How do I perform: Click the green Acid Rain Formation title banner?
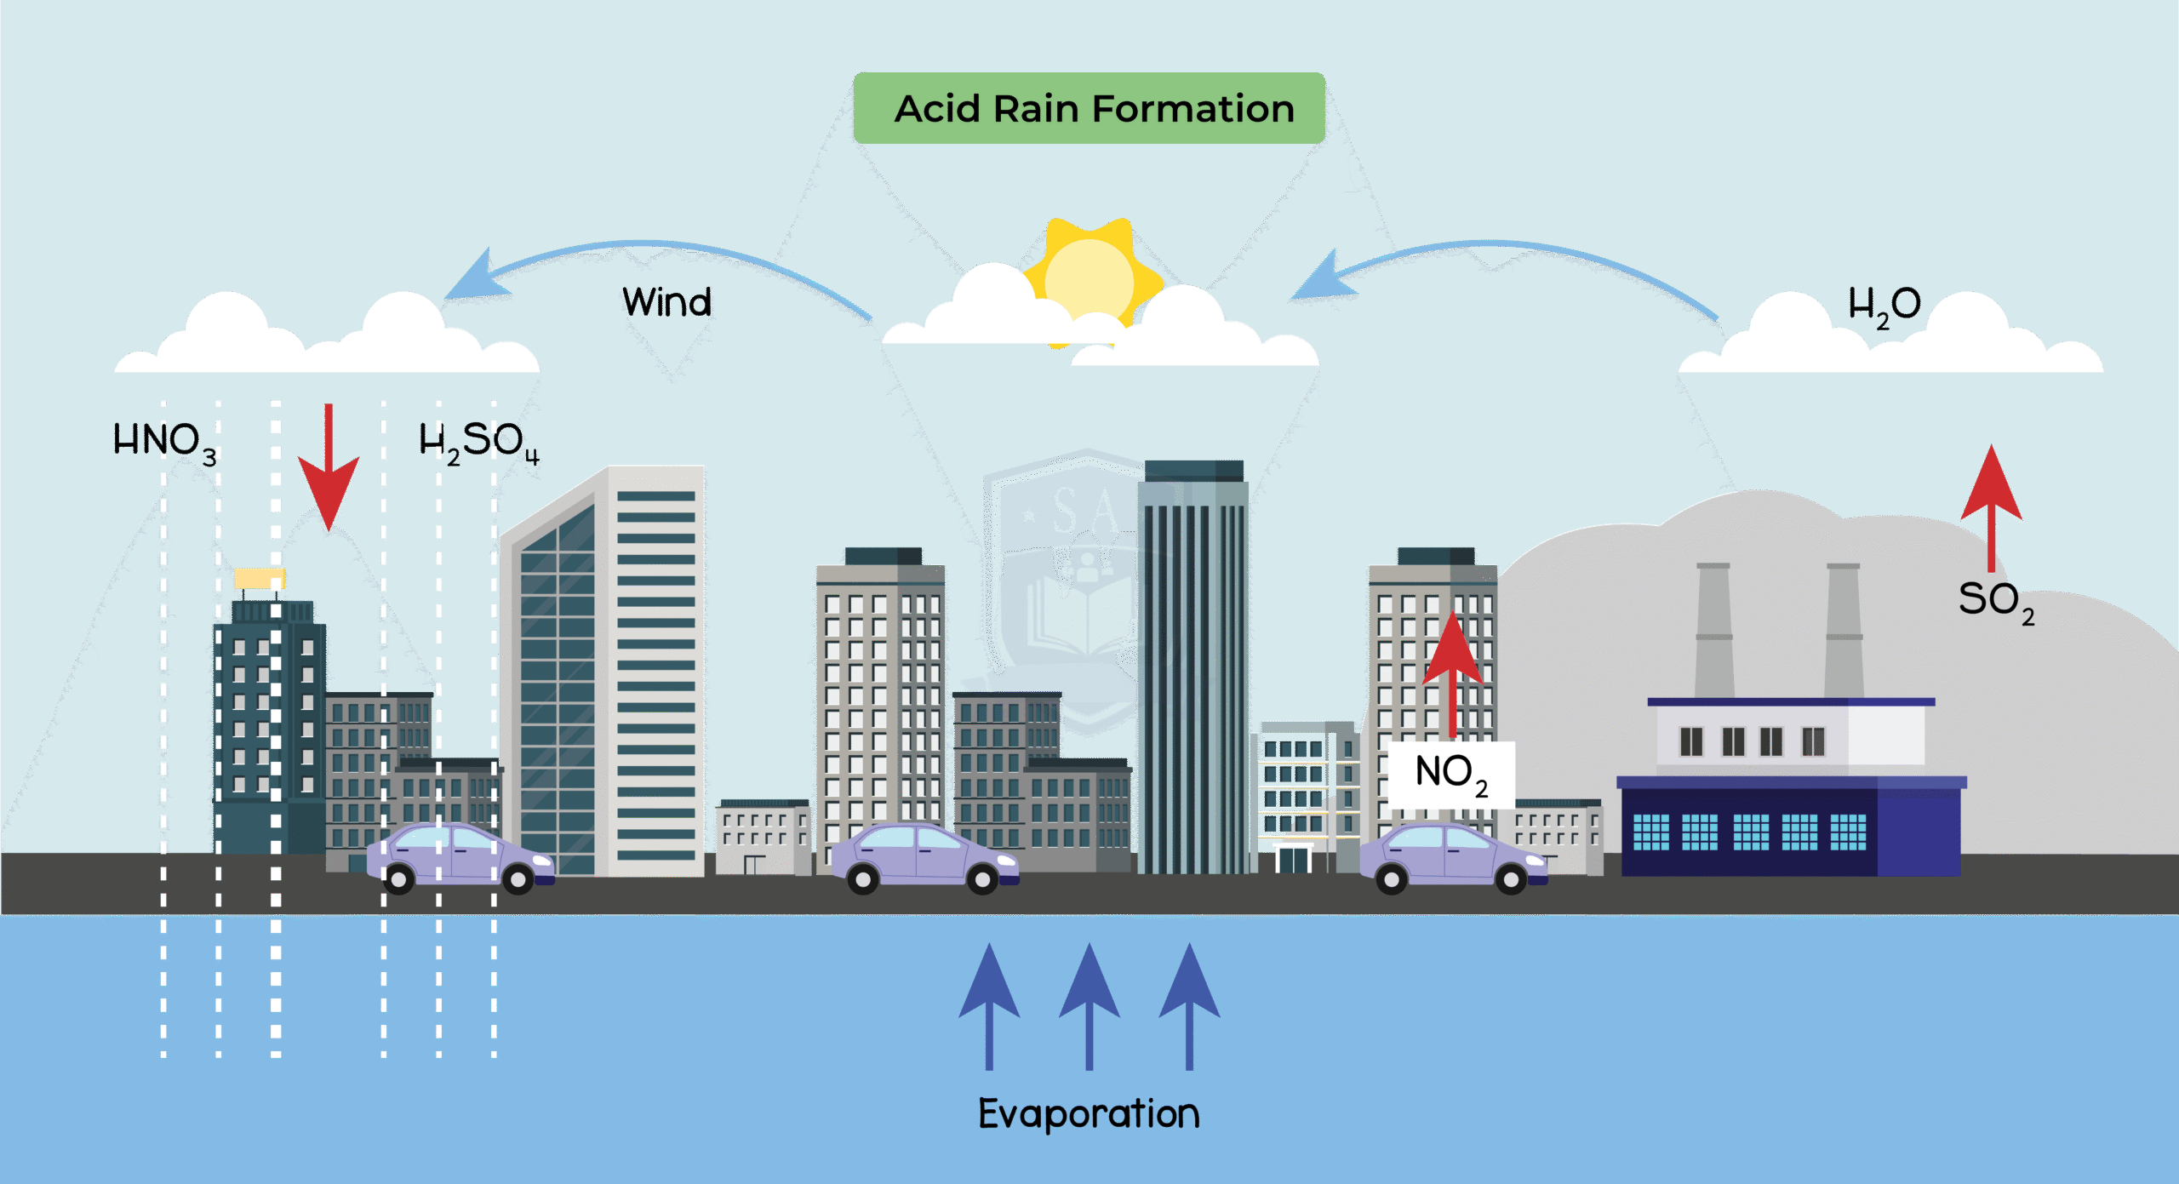click(1089, 108)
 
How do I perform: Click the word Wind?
click(666, 302)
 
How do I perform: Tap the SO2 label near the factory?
click(1995, 601)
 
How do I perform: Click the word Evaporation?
click(1089, 1113)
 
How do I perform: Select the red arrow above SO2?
click(1991, 502)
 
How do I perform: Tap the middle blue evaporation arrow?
click(1089, 1004)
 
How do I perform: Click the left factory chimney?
click(1713, 630)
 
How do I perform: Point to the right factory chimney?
click(1844, 630)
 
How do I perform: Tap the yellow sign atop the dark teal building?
click(260, 579)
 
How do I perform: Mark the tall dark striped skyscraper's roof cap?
click(1193, 471)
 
